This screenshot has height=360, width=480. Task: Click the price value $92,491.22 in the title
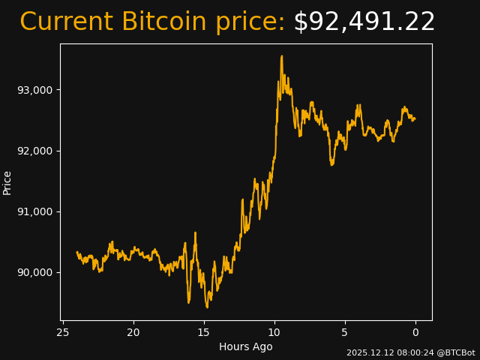tap(364, 22)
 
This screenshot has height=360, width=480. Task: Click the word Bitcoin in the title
tap(163, 22)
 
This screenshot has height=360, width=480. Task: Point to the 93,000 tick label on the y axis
tap(34, 90)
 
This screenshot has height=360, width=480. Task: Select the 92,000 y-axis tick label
tap(34, 151)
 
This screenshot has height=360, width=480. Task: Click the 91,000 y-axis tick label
tap(34, 211)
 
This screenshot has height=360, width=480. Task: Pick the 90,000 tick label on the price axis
tap(34, 272)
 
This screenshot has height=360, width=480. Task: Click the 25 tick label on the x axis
tap(63, 332)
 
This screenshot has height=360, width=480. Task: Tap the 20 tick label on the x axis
tap(133, 332)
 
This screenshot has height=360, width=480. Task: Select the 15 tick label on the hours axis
tap(204, 332)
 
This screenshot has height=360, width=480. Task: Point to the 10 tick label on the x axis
tap(274, 332)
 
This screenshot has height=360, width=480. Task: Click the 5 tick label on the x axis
tap(345, 332)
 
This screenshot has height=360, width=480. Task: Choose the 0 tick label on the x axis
tap(415, 332)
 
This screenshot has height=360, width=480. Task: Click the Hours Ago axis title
tap(246, 346)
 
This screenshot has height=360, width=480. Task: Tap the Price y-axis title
tap(7, 183)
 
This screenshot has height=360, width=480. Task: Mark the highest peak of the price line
tap(282, 55)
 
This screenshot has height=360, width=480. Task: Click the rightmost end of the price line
tap(415, 118)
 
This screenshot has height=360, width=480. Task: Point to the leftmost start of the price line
tap(77, 252)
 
